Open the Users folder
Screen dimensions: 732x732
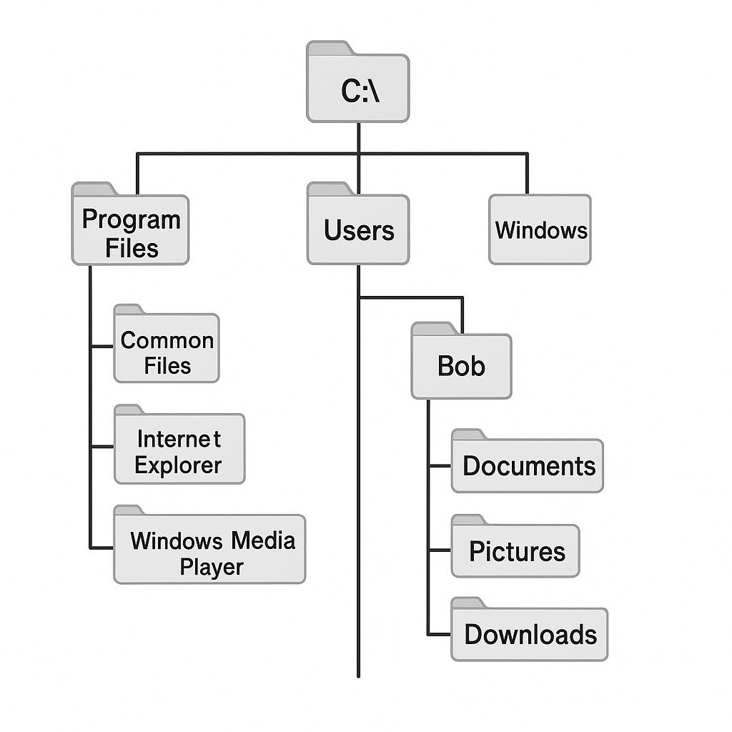[x=358, y=230]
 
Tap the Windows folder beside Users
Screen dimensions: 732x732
[x=540, y=230]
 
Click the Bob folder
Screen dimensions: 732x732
[x=461, y=366]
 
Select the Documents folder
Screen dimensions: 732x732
[x=528, y=466]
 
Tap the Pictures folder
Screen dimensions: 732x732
[x=515, y=551]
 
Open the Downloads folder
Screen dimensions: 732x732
[x=529, y=634]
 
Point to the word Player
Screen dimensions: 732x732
[x=211, y=568]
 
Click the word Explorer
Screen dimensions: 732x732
[x=178, y=465]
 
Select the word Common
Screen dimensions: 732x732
[x=167, y=340]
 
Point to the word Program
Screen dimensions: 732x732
[x=131, y=219]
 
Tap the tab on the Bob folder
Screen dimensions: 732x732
[x=433, y=329]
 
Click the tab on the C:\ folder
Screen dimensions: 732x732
[x=329, y=48]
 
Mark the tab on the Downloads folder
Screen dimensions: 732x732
[x=468, y=603]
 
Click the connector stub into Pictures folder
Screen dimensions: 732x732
[x=440, y=550]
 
